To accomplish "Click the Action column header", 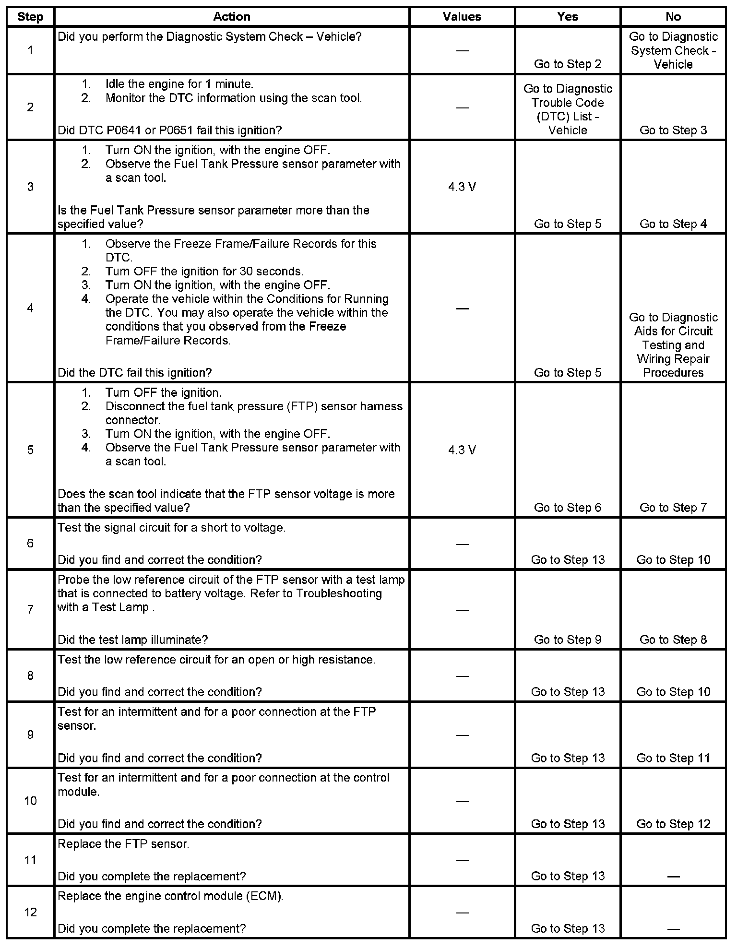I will click(232, 17).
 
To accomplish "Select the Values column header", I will click(462, 17).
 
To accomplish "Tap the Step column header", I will click(30, 17).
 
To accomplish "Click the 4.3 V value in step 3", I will click(462, 187).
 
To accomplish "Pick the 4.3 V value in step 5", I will click(462, 450).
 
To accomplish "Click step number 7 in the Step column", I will click(30, 609).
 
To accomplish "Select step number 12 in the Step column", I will click(30, 912).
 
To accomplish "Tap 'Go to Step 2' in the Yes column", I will click(568, 64).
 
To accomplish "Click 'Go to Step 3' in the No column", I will click(673, 130).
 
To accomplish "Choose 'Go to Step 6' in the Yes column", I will click(568, 508).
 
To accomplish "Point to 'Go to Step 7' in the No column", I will click(673, 508).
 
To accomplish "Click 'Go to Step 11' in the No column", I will click(673, 758).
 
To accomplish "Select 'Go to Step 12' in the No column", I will click(673, 824).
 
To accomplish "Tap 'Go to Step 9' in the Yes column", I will click(568, 640).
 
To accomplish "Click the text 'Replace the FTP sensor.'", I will click(123, 844).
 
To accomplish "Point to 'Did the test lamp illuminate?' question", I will click(133, 640).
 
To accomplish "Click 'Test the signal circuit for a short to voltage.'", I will click(171, 528).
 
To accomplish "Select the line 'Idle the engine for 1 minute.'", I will click(179, 84).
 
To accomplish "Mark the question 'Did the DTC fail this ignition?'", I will click(135, 373).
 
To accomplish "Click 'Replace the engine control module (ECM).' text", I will click(170, 896).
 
